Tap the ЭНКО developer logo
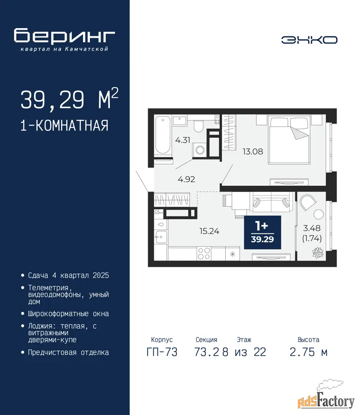pyautogui.click(x=309, y=40)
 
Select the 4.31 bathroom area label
pyautogui.click(x=182, y=140)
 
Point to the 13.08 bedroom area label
pyautogui.click(x=253, y=151)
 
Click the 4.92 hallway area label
pyautogui.click(x=186, y=179)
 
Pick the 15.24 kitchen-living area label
pyautogui.click(x=209, y=231)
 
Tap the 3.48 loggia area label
pyautogui.click(x=312, y=228)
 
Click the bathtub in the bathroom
pyautogui.click(x=162, y=135)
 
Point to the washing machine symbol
pyautogui.click(x=200, y=150)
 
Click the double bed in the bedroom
pyautogui.click(x=289, y=140)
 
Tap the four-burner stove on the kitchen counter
pyautogui.click(x=204, y=253)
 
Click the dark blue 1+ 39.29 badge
pyautogui.click(x=263, y=232)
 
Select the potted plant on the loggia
pyautogui.click(x=318, y=252)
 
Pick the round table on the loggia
pyautogui.click(x=318, y=214)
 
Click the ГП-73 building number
pyautogui.click(x=162, y=352)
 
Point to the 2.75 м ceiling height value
pyautogui.click(x=309, y=352)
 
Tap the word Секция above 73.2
pyautogui.click(x=206, y=339)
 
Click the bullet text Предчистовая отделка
pyautogui.click(x=68, y=353)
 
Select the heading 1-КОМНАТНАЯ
pyautogui.click(x=64, y=125)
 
